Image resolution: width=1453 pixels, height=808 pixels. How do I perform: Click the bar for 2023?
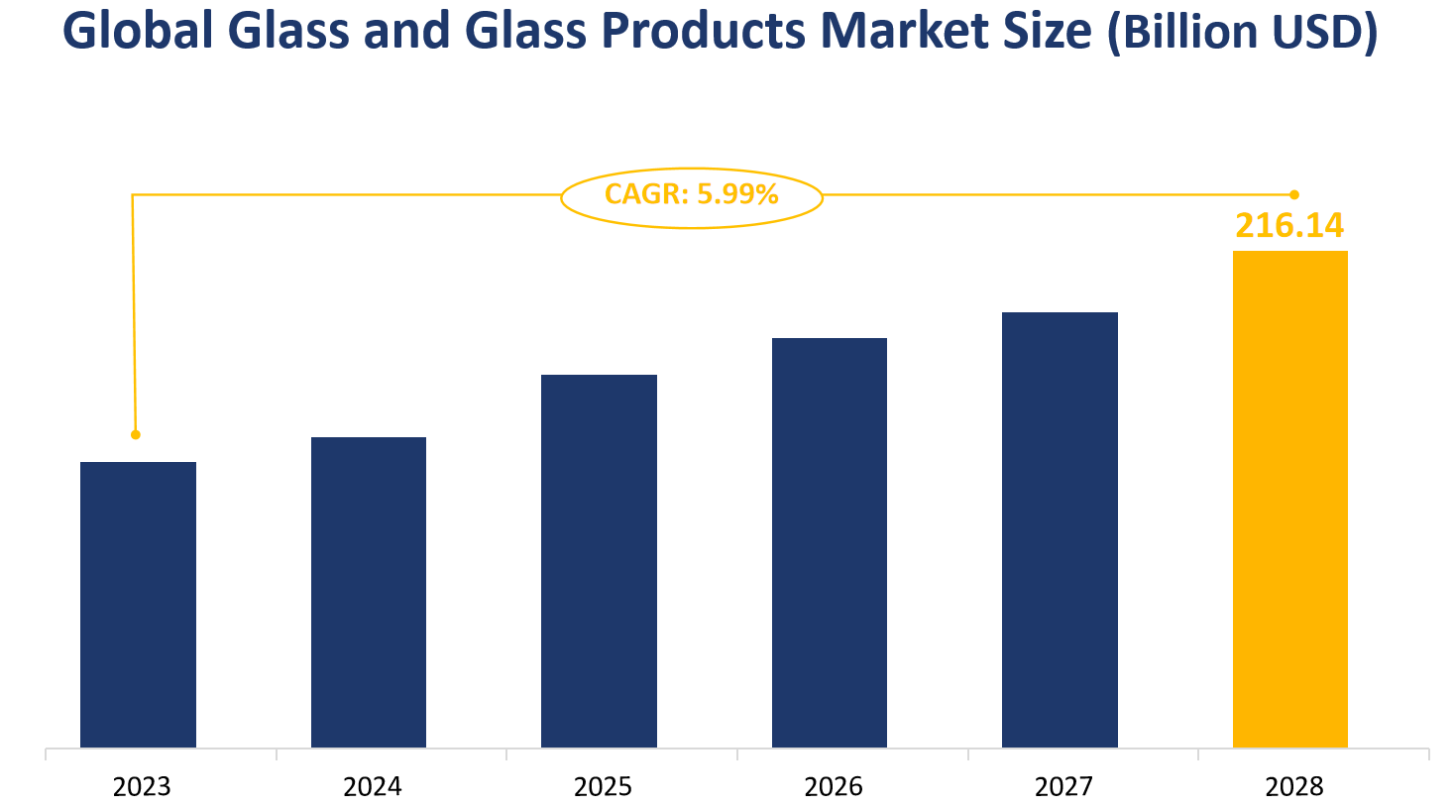(x=138, y=604)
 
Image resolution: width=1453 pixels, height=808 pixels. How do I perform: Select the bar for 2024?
(x=369, y=592)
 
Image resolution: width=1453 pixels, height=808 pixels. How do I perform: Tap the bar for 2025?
(x=599, y=560)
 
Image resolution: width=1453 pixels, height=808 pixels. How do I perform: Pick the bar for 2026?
(x=830, y=542)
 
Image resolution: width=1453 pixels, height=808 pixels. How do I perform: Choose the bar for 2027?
(x=1060, y=529)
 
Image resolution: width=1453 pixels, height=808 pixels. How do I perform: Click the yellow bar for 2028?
(x=1289, y=499)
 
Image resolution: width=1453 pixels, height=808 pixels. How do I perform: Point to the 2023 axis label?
(x=142, y=787)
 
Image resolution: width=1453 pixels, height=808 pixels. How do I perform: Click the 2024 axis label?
(x=373, y=787)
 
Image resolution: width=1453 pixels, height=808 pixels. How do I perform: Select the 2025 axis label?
(x=603, y=787)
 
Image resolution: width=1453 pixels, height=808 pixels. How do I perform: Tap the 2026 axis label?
(x=834, y=787)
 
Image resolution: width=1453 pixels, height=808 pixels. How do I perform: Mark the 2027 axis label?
(x=1063, y=787)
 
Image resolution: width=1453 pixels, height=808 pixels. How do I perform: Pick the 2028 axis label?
(x=1293, y=787)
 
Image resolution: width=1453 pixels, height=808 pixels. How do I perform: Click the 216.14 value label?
(x=1289, y=226)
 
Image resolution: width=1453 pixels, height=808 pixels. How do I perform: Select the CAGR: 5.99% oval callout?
(x=692, y=196)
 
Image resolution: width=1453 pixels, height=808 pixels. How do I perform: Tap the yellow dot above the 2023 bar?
(x=136, y=434)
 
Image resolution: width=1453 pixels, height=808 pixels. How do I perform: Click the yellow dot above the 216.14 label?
(x=1293, y=194)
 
